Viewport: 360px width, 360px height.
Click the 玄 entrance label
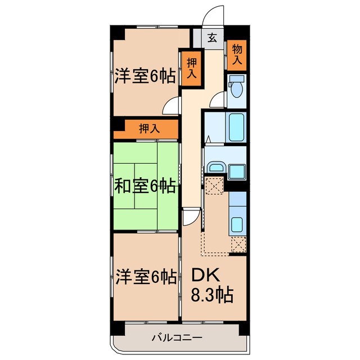(212, 38)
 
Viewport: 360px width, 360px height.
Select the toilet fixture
(237, 87)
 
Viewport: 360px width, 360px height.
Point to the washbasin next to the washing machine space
(216, 168)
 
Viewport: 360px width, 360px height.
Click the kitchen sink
(237, 225)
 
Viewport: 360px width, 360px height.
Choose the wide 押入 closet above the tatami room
(149, 128)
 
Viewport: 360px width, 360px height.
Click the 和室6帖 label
(145, 184)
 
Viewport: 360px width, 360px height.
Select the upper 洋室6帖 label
(145, 76)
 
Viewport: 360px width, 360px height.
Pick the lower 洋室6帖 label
(145, 276)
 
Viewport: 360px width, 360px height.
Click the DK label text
(205, 275)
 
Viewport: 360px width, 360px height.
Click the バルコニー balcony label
(177, 337)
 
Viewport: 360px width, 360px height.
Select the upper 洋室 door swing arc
(172, 105)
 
